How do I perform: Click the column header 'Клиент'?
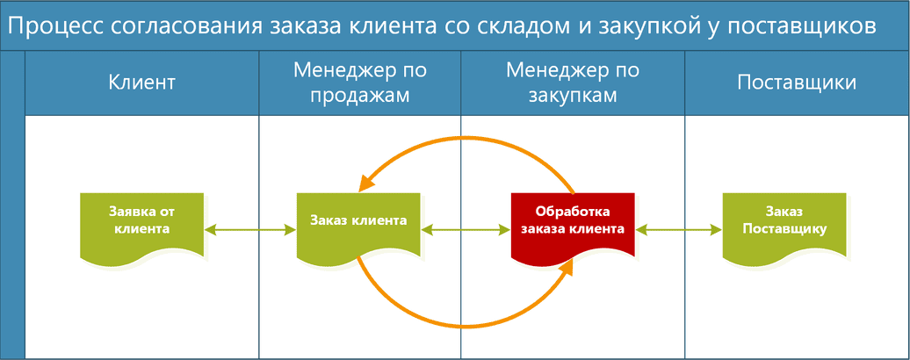coord(141,83)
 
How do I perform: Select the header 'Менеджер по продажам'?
coord(360,83)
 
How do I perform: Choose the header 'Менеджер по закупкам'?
coord(573,83)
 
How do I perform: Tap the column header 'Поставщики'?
coord(797,83)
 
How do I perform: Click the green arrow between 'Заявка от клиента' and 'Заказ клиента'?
coord(250,231)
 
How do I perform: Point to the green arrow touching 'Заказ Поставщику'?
coord(679,231)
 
